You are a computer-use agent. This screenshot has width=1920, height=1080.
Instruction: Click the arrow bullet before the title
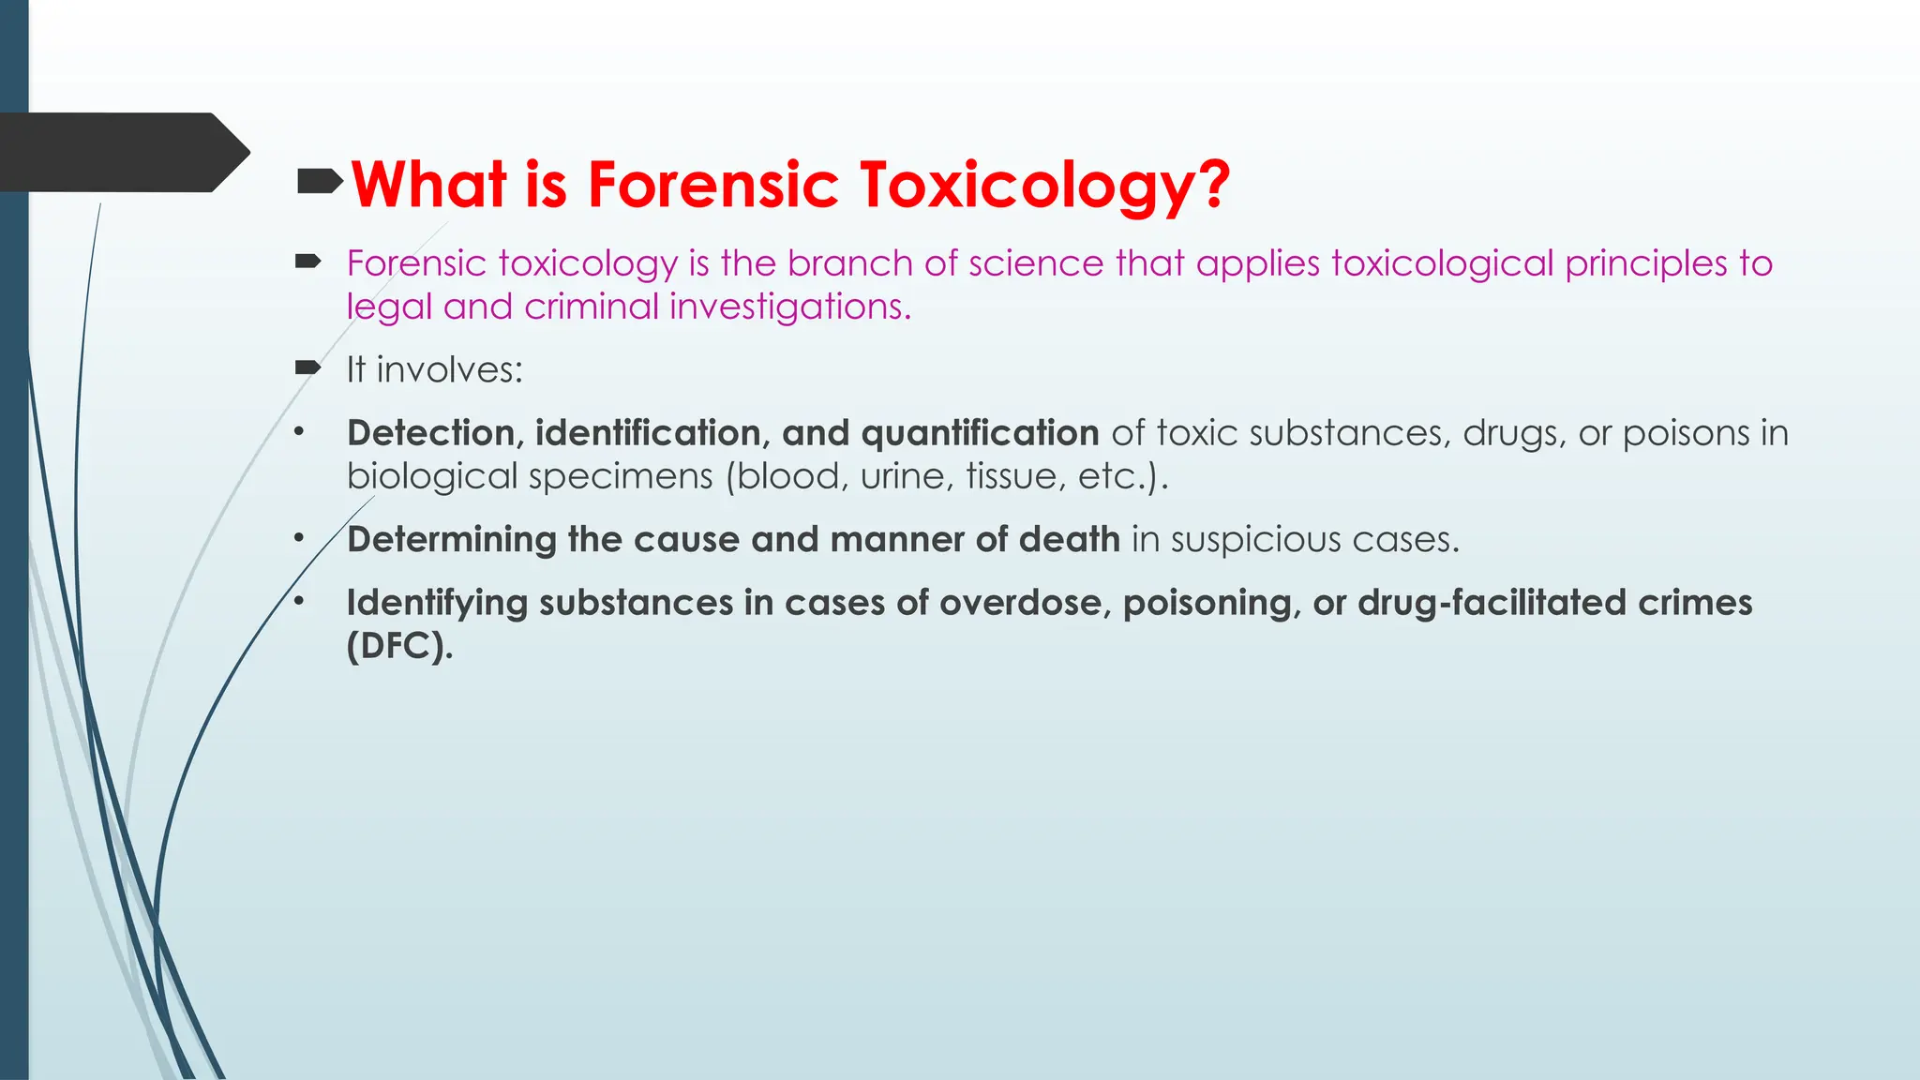(320, 181)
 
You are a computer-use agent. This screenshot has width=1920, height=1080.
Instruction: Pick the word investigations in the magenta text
(790, 307)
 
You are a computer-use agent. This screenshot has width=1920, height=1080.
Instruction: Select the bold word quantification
(980, 433)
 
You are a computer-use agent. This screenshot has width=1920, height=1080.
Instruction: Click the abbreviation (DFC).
(399, 646)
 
